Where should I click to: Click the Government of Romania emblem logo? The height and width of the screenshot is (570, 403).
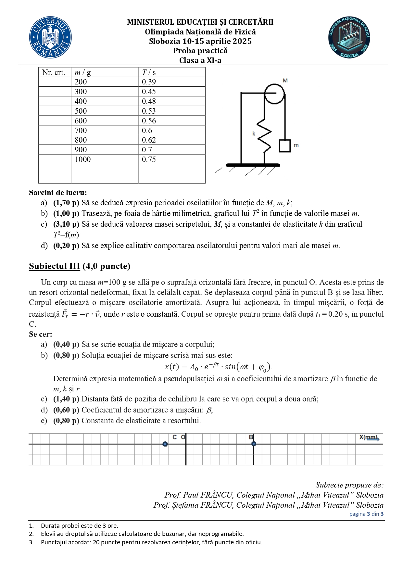click(x=50, y=37)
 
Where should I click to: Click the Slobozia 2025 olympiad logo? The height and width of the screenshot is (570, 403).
click(x=349, y=37)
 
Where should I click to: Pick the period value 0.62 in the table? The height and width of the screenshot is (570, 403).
click(x=149, y=140)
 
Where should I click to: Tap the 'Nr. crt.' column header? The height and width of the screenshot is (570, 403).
click(x=54, y=72)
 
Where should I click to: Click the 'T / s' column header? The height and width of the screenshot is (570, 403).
click(x=149, y=72)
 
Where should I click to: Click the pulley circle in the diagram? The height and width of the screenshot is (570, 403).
click(x=274, y=94)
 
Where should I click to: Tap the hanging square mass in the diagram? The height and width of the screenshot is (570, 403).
click(x=284, y=146)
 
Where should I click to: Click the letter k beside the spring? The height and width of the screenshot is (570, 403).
click(x=254, y=133)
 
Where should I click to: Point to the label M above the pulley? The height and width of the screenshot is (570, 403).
click(x=285, y=80)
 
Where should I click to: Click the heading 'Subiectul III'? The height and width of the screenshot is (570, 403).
click(x=54, y=266)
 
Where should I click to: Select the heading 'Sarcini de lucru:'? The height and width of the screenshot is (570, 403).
click(x=58, y=193)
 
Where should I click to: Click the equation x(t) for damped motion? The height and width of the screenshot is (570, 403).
click(x=218, y=367)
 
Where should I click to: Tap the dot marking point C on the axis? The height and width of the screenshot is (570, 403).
click(x=165, y=444)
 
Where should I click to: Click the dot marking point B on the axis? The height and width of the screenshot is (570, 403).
click(x=254, y=444)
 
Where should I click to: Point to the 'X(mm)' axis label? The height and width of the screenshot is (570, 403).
click(x=369, y=437)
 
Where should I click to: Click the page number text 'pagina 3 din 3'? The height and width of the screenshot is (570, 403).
click(x=366, y=514)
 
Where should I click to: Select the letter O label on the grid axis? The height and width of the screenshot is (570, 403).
click(x=183, y=437)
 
